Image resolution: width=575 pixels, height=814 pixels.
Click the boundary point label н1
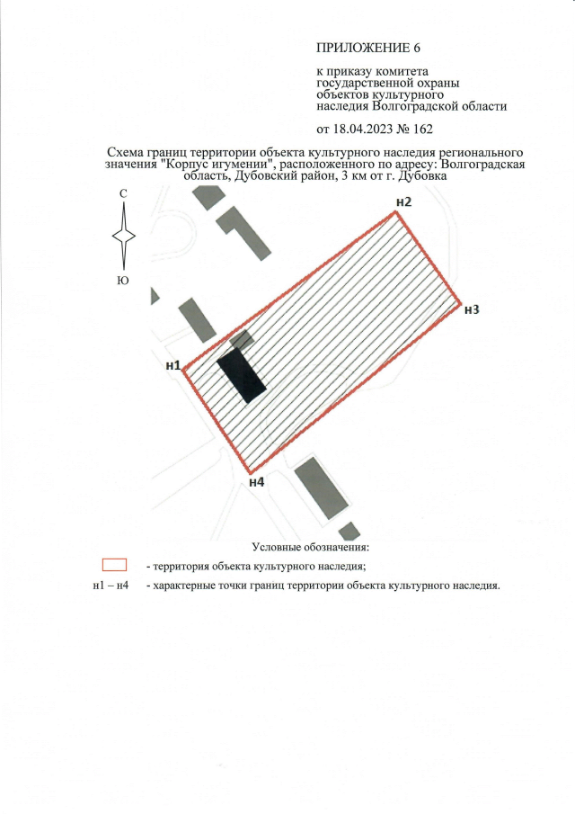coord(172,365)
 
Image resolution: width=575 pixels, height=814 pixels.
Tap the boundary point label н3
coord(473,310)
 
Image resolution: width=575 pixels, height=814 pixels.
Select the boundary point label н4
coord(257,482)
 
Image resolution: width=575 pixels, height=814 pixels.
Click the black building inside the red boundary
coord(241,375)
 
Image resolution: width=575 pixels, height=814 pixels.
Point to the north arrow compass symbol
coord(123,235)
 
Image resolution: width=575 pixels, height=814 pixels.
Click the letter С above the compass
coord(123,194)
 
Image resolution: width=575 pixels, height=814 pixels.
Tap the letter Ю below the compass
coord(123,281)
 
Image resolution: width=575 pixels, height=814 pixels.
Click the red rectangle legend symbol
coord(115,565)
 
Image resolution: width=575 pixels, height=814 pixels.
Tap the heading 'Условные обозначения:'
coord(311,547)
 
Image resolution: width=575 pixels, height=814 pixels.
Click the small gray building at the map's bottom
coord(349,532)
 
